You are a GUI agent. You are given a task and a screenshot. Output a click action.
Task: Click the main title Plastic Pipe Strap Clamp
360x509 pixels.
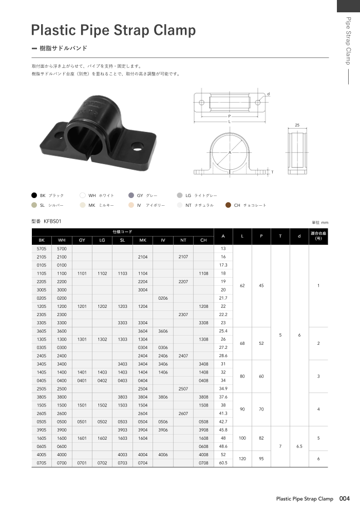coord(113,30)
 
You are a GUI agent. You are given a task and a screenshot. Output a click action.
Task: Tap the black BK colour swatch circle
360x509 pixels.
coord(34,195)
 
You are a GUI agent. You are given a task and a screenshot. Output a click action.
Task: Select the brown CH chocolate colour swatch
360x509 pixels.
coord(229,205)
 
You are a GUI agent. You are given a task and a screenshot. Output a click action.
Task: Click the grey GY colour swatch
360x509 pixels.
coord(131,195)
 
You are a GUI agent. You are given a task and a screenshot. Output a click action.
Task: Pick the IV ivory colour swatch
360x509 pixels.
coord(131,205)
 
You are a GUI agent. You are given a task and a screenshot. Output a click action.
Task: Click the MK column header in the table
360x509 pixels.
coord(143,240)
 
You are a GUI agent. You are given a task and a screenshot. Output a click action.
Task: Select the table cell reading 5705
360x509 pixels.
coord(42,248)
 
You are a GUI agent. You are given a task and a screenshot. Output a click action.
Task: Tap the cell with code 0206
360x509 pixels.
coord(163,298)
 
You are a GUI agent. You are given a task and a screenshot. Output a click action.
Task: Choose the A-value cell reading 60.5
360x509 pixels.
coord(223,463)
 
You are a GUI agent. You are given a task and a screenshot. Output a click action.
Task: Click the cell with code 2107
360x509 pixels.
coord(183,257)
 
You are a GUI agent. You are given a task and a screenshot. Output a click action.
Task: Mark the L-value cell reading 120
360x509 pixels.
coord(242,459)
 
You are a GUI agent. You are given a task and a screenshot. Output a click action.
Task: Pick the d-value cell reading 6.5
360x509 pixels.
coord(299,446)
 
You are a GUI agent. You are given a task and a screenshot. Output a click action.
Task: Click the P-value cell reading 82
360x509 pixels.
coord(261,438)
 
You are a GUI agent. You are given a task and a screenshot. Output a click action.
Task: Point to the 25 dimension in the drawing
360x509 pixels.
coord(297,125)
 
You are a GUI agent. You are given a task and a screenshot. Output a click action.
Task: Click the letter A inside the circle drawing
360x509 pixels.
coord(230,153)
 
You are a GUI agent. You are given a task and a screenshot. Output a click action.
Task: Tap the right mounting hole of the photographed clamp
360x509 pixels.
coord(137,145)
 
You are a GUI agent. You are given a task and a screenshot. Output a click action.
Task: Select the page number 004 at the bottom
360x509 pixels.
coord(344,498)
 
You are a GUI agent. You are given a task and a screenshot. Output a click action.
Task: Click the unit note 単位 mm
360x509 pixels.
coord(319,222)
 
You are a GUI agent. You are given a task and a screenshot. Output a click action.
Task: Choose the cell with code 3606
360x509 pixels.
coord(163,331)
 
